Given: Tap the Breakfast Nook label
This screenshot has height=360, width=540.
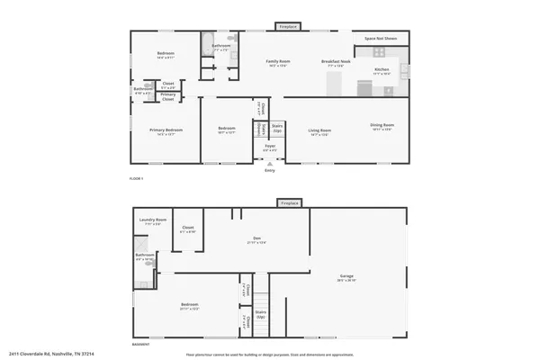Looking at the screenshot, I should (335, 61).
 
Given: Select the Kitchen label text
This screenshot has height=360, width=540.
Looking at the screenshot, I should (382, 69).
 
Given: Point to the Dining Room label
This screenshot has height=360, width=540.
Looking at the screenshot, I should (382, 125).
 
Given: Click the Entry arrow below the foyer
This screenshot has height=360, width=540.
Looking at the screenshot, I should (269, 163).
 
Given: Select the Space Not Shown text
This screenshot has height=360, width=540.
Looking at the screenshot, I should (382, 40).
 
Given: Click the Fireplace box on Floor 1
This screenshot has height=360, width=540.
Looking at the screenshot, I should (287, 27).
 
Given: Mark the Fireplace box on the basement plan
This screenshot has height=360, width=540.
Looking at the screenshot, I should (289, 203).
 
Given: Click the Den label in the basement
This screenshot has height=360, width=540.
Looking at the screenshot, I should (256, 238).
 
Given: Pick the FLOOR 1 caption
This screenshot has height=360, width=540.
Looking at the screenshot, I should (137, 179).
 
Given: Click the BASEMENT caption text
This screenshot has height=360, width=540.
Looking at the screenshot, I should (140, 344).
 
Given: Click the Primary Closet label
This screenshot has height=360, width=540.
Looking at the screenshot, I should (168, 95).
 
